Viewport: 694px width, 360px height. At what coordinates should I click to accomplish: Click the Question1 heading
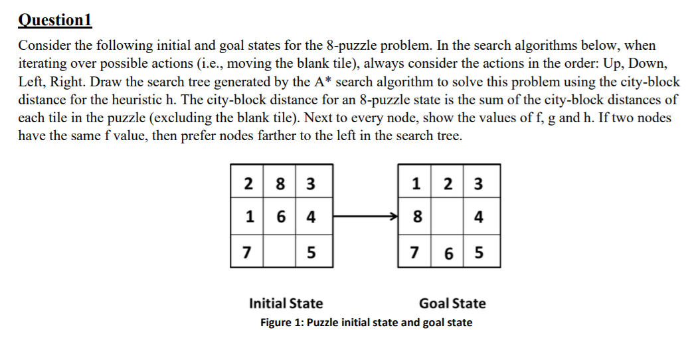[54, 19]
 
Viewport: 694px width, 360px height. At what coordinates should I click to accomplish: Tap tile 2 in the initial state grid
[248, 183]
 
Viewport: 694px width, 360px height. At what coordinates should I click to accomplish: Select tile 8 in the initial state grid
[280, 183]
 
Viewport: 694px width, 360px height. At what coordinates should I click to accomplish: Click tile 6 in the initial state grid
[280, 217]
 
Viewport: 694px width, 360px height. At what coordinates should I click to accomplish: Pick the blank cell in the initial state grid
[280, 252]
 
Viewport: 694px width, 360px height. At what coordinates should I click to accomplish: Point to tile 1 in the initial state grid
[248, 217]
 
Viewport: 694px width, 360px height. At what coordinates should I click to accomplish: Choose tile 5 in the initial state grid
[311, 252]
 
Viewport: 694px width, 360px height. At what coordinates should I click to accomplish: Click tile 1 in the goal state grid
[416, 183]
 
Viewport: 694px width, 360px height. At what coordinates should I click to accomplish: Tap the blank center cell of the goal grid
[450, 217]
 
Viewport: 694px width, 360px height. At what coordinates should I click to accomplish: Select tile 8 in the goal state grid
[416, 217]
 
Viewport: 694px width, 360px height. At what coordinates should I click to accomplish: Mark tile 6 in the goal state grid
[450, 252]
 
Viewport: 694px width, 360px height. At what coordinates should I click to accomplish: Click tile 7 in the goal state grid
[416, 252]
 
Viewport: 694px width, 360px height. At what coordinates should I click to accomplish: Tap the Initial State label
[286, 304]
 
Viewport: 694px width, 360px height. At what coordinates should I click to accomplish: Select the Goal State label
[452, 304]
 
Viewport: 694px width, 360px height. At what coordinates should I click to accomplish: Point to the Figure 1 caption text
[366, 323]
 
